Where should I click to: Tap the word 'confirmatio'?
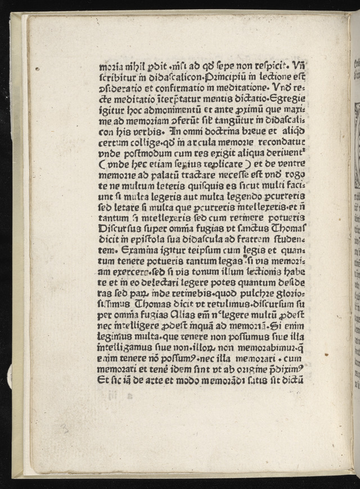(172, 87)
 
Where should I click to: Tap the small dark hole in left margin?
(38, 69)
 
